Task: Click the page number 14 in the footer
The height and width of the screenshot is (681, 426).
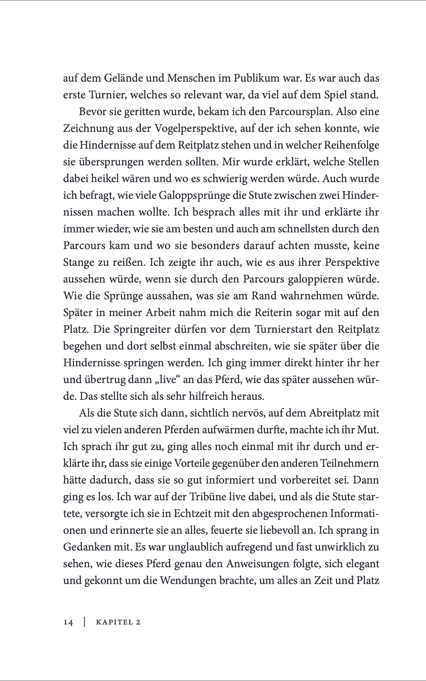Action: point(68,622)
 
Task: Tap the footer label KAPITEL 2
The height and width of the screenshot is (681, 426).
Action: point(118,622)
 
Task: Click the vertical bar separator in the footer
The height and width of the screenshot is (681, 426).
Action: point(84,622)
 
